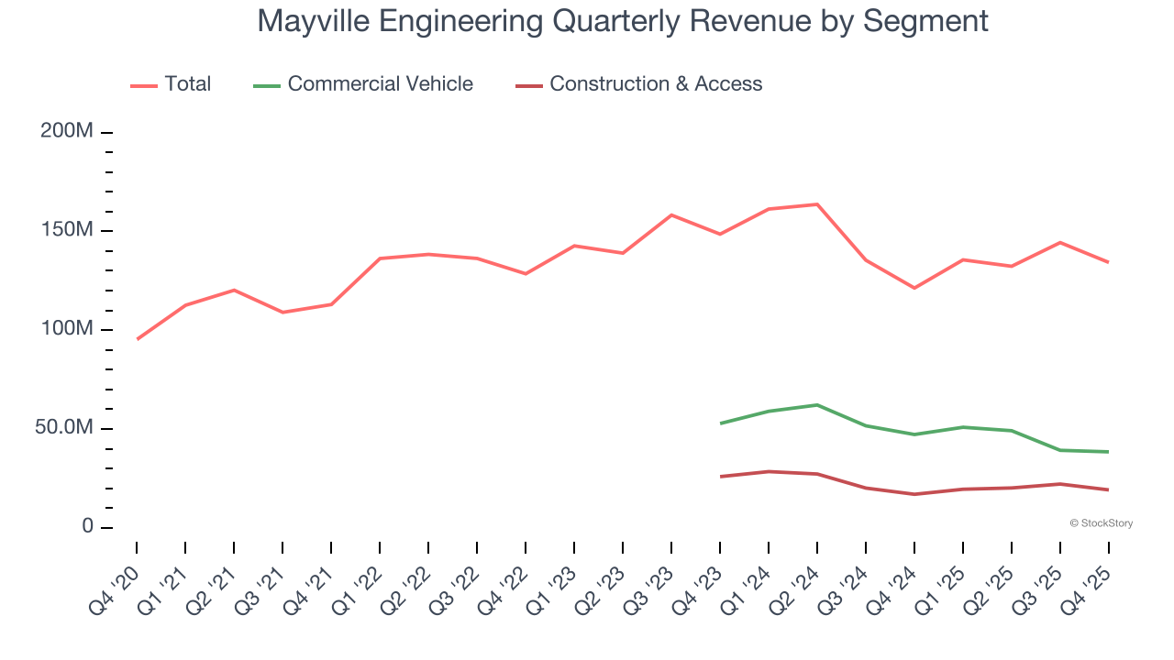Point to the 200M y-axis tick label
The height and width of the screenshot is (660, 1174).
click(67, 132)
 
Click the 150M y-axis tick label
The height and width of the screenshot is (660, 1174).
click(67, 230)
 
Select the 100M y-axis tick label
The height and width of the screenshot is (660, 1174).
click(67, 329)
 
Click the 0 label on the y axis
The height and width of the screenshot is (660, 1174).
click(87, 527)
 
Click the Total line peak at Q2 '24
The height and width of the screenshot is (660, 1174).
click(817, 204)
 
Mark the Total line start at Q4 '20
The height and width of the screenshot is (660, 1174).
click(138, 339)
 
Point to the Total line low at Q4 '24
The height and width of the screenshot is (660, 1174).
click(914, 288)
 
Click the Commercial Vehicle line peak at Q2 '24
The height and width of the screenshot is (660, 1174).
click(817, 404)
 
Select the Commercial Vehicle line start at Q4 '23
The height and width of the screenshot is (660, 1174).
click(721, 423)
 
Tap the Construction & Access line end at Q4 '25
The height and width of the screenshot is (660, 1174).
click(1108, 489)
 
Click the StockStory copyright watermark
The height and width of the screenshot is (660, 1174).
click(1101, 523)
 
